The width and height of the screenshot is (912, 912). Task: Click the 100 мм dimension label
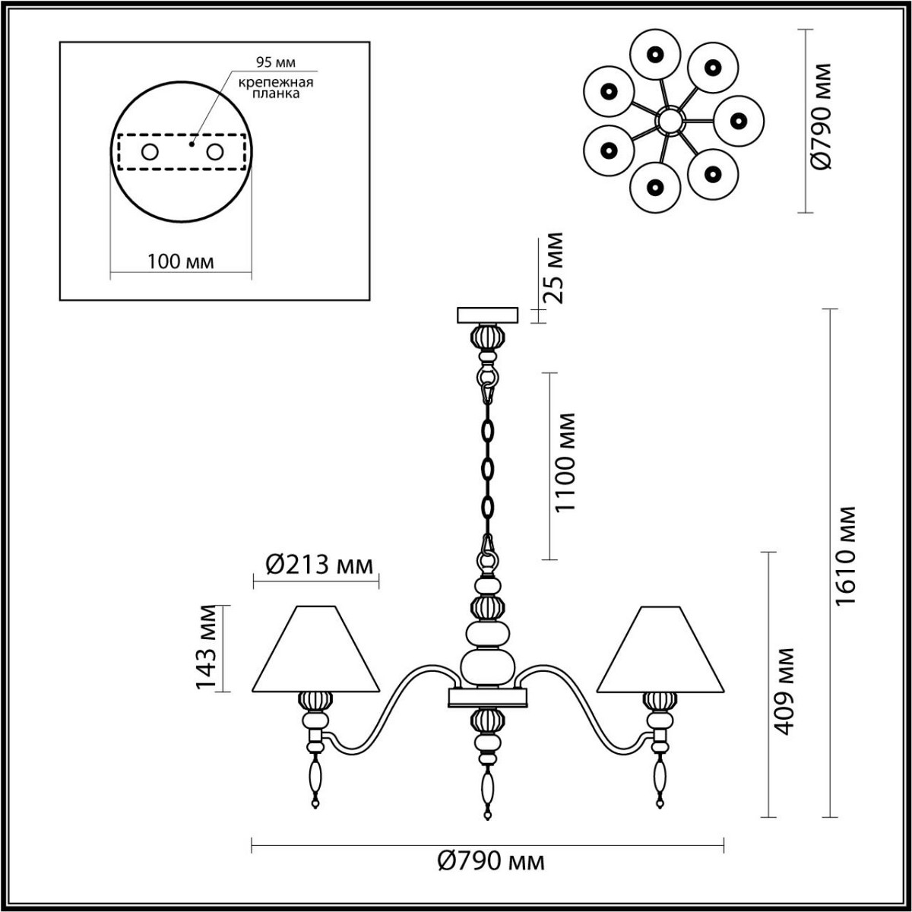[x=180, y=261]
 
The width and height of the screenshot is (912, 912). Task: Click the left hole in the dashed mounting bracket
[x=149, y=152]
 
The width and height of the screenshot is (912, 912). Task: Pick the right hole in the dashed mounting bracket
[x=216, y=152]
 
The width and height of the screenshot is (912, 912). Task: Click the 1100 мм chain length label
[x=565, y=463]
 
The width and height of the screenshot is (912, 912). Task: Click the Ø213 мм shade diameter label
[x=319, y=565]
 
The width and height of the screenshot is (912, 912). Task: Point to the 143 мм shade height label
[x=208, y=648]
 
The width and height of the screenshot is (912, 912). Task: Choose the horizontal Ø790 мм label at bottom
[x=492, y=861]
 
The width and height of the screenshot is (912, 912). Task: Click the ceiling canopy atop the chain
[x=487, y=315]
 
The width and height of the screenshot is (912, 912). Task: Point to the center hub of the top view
[x=670, y=120]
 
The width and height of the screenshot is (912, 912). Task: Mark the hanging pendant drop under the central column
[x=486, y=790]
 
